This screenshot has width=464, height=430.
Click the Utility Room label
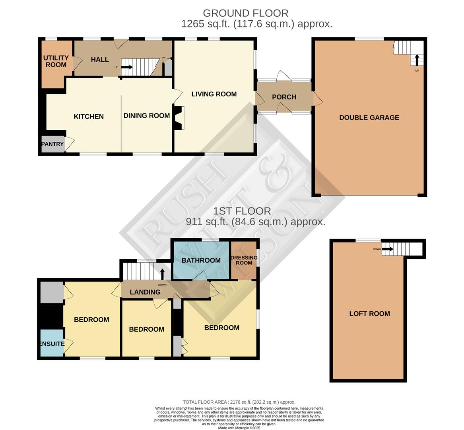tap(56, 61)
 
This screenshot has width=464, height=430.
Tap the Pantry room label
tap(52, 144)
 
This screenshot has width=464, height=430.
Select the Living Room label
tap(214, 94)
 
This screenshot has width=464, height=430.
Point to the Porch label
tap(284, 97)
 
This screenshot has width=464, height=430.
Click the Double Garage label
tap(369, 117)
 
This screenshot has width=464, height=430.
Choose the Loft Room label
tap(369, 314)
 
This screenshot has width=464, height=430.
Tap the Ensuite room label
tap(52, 344)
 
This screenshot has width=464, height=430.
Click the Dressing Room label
tap(244, 260)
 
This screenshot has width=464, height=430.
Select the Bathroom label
tap(201, 260)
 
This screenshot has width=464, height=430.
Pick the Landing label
tap(145, 292)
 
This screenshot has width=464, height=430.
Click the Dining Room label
tap(147, 116)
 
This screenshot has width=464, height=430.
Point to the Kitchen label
tap(89, 117)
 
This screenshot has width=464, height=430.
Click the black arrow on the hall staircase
tap(127, 67)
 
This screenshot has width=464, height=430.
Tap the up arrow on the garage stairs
tap(417, 60)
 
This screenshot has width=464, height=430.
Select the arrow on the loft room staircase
tap(389, 249)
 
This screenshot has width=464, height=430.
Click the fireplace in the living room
tap(179, 117)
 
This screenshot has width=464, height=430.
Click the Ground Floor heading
tap(245, 13)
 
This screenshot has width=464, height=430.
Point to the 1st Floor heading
tap(242, 211)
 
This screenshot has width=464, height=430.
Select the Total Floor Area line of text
tap(239, 402)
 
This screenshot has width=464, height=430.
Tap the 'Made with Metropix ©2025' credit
tap(239, 428)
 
